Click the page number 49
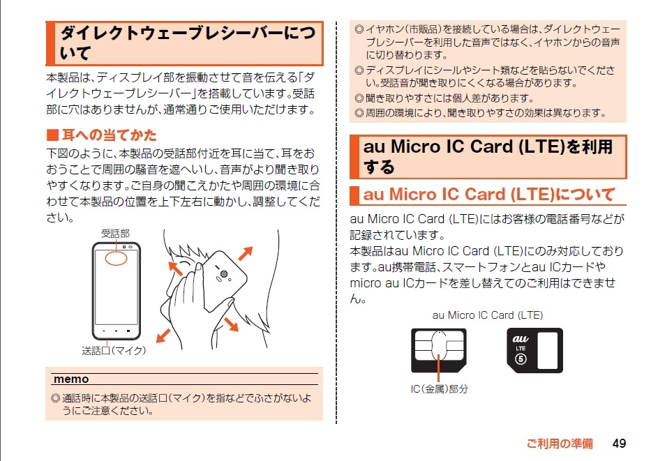(x=619, y=444)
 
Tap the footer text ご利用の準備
(x=560, y=444)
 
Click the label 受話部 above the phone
(x=115, y=233)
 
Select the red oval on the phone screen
(x=116, y=258)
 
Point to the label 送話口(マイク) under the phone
(x=114, y=350)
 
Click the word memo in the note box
(x=71, y=379)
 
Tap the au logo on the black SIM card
(x=521, y=338)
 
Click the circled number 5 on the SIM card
(x=521, y=359)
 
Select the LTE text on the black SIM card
(x=521, y=348)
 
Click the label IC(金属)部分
(x=440, y=389)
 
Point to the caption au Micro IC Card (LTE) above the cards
(x=488, y=315)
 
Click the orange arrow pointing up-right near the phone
(x=246, y=253)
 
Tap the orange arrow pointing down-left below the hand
(x=163, y=336)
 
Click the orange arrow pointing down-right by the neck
(x=231, y=324)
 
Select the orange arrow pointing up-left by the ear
(x=175, y=269)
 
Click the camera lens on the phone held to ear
(x=224, y=274)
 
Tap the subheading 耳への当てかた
(x=109, y=135)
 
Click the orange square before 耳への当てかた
(x=52, y=135)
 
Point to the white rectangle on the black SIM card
(x=548, y=351)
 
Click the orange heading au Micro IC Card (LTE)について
(x=489, y=194)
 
